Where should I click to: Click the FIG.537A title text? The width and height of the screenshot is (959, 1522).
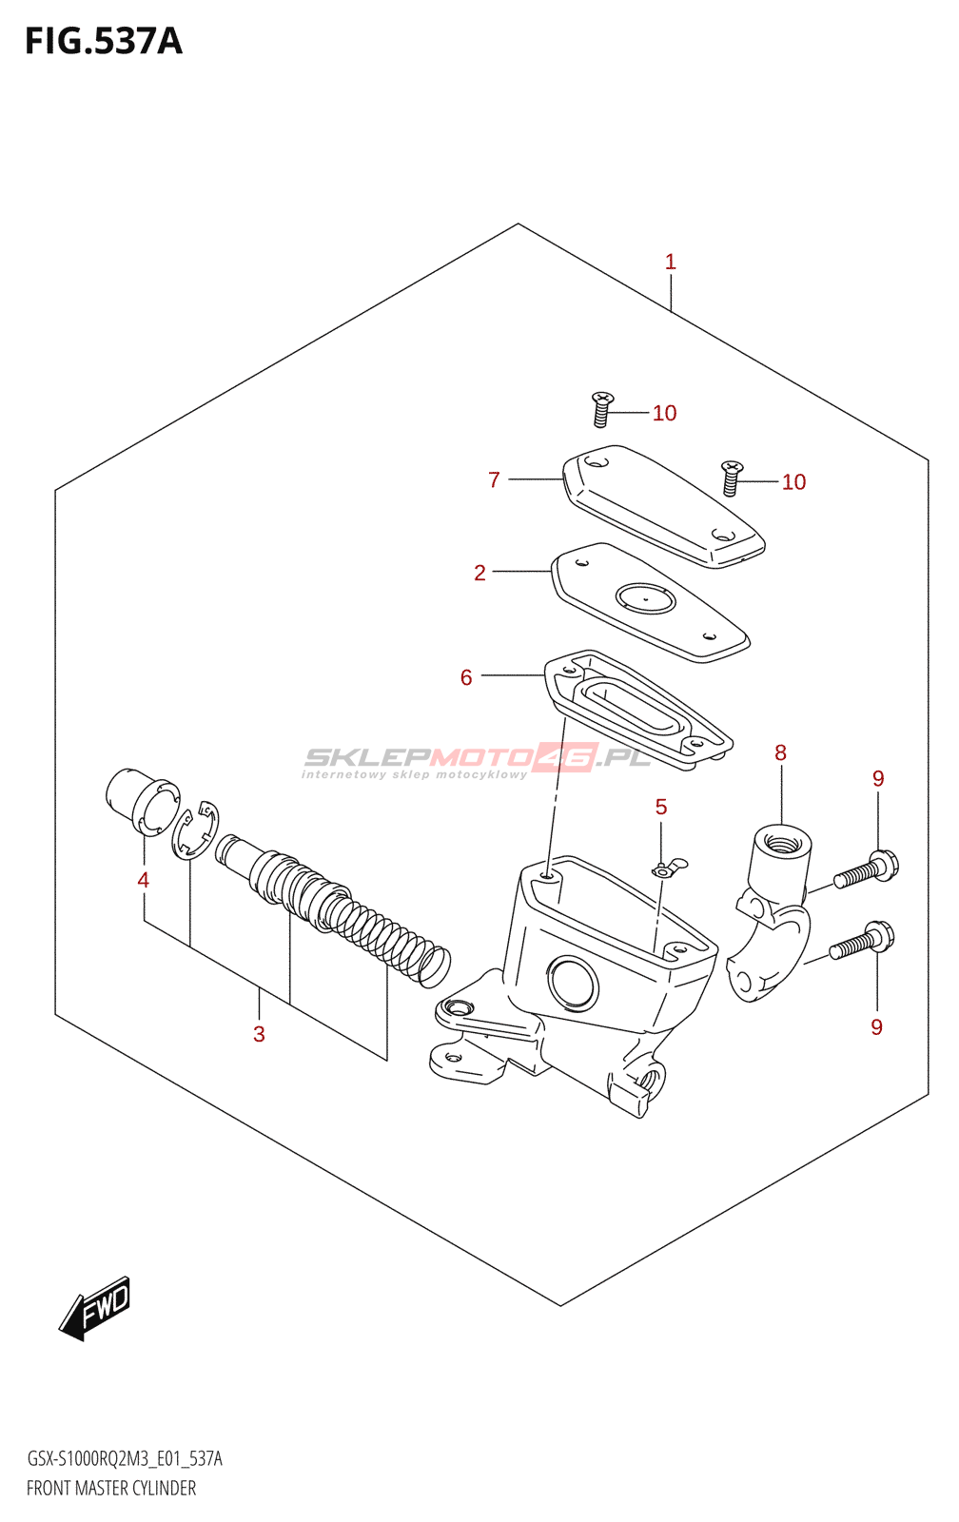click(x=103, y=42)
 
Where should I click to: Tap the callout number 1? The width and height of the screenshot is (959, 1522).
click(x=671, y=262)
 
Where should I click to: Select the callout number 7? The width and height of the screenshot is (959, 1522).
click(x=494, y=480)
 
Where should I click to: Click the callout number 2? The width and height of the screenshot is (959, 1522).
click(x=479, y=573)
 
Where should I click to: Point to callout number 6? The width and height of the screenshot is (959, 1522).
click(x=466, y=677)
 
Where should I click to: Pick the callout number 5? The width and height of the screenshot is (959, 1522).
click(x=661, y=808)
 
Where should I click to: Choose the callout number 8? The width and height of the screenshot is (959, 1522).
click(x=780, y=753)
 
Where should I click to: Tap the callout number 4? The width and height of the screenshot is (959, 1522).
click(x=143, y=880)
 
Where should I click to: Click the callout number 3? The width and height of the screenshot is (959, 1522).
click(x=259, y=1034)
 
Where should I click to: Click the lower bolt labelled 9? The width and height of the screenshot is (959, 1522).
click(x=861, y=941)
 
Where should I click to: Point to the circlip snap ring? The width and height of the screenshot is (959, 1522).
click(x=196, y=830)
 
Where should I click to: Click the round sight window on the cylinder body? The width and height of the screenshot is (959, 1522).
click(x=573, y=983)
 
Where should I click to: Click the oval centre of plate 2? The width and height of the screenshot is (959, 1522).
click(x=645, y=599)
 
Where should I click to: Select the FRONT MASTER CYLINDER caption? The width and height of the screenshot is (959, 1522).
click(x=111, y=1489)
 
